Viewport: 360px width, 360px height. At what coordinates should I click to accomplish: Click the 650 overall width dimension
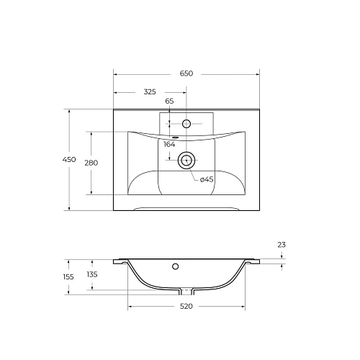click(x=186, y=73)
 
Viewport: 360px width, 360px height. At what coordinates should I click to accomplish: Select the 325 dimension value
click(x=150, y=92)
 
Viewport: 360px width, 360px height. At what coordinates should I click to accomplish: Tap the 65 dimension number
click(x=170, y=102)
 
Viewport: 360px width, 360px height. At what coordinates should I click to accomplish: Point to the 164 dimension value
click(x=170, y=145)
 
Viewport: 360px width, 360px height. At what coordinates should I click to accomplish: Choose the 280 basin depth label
click(x=91, y=163)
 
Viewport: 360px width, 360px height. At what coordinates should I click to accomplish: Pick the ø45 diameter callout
click(x=206, y=179)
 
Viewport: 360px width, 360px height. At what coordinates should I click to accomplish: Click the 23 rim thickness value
click(x=281, y=245)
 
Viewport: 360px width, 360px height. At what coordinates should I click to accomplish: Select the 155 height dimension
click(x=68, y=276)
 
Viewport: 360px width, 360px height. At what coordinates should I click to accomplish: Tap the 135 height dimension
click(x=92, y=274)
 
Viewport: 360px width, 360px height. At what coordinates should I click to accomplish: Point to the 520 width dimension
click(x=186, y=307)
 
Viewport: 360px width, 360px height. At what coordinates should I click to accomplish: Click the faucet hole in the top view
click(x=186, y=124)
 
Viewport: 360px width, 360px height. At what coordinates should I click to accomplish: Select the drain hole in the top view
click(x=186, y=160)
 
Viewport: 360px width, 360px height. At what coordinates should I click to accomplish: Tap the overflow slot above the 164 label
click(x=174, y=137)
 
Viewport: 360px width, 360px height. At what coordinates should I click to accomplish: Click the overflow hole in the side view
click(x=175, y=268)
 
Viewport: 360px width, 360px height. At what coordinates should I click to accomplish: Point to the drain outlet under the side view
click(x=186, y=292)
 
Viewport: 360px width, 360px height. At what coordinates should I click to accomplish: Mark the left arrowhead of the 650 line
click(x=117, y=73)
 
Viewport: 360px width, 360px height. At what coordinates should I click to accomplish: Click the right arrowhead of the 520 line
click(x=243, y=307)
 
